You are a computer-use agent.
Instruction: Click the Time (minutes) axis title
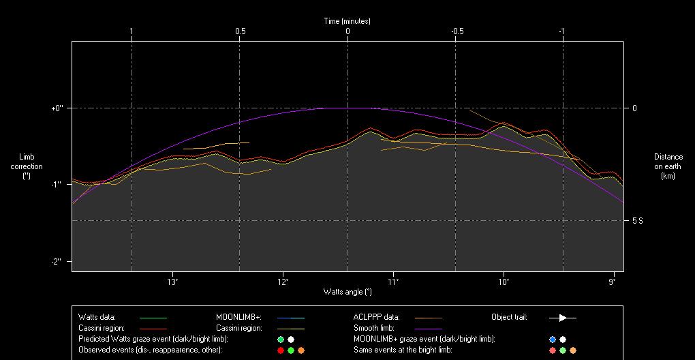347,21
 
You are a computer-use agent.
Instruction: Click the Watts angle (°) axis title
347,292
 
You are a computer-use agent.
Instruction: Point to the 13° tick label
172,282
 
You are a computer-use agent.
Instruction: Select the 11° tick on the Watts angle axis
393,282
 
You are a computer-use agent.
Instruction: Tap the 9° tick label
613,282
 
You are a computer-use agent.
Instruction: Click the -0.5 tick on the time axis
457,31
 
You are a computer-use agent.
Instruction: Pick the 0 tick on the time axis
347,31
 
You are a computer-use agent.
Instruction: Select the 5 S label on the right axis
637,221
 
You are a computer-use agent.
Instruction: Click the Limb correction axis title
27,166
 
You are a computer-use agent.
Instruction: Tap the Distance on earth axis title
668,166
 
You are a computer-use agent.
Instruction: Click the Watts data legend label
97,317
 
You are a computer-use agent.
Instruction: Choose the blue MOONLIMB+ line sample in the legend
291,318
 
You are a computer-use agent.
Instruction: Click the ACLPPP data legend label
377,317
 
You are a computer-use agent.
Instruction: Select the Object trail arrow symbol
563,318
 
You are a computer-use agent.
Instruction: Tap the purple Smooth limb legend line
428,329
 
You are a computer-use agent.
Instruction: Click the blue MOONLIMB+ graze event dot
553,340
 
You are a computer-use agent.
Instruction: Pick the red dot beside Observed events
280,350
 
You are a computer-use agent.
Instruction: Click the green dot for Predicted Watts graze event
280,340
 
